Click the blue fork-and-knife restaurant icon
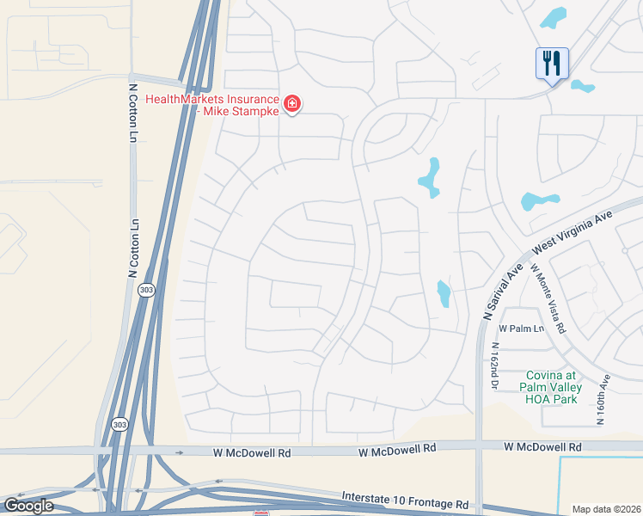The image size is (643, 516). tap(550, 63)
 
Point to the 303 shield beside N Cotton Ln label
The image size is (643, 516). tap(147, 290)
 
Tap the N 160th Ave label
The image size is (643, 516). tap(603, 398)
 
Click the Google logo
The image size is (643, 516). tap(28, 505)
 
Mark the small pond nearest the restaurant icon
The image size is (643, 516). tap(583, 86)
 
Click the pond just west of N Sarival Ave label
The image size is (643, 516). tap(444, 293)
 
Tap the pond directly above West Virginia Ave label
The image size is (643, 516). tap(539, 201)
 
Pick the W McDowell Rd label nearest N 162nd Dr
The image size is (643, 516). tap(542, 447)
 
